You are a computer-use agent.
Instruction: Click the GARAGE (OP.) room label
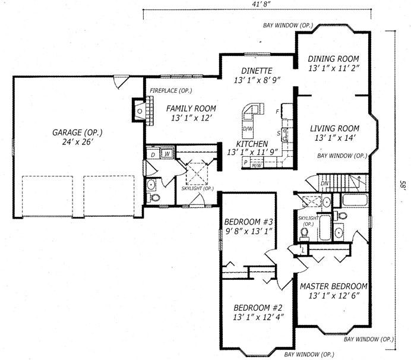(x=77, y=132)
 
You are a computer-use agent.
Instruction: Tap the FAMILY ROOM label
(x=191, y=108)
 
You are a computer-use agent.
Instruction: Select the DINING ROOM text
(x=333, y=59)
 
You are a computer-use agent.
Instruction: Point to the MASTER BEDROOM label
(x=334, y=286)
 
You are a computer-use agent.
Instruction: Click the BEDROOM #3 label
(x=248, y=222)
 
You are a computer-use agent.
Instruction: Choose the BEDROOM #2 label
(x=258, y=307)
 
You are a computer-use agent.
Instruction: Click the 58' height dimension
(x=403, y=185)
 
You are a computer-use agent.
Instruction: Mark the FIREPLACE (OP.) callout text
(x=171, y=91)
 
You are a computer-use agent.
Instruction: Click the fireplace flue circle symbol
(x=140, y=111)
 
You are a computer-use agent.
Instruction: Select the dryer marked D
(x=153, y=154)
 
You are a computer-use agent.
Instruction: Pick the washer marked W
(x=167, y=154)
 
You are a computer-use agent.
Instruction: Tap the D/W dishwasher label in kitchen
(x=248, y=129)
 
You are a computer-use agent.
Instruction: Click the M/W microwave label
(x=257, y=166)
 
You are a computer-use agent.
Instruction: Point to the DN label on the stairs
(x=324, y=184)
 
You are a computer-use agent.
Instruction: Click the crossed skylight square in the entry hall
(x=197, y=173)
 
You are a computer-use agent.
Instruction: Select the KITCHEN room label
(x=252, y=144)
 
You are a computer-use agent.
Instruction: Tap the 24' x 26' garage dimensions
(x=78, y=142)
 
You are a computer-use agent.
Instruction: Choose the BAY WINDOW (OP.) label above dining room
(x=288, y=26)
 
